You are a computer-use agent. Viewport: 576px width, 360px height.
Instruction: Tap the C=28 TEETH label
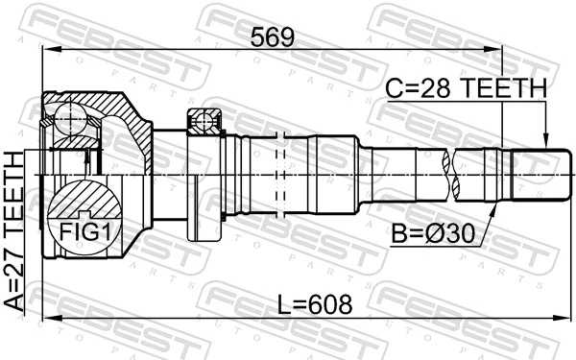coord(466,89)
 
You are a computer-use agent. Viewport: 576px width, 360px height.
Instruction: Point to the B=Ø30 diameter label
coord(433,231)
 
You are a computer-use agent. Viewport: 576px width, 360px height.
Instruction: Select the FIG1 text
coord(85,230)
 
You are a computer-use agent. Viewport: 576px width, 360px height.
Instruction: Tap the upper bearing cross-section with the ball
coord(205,121)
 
